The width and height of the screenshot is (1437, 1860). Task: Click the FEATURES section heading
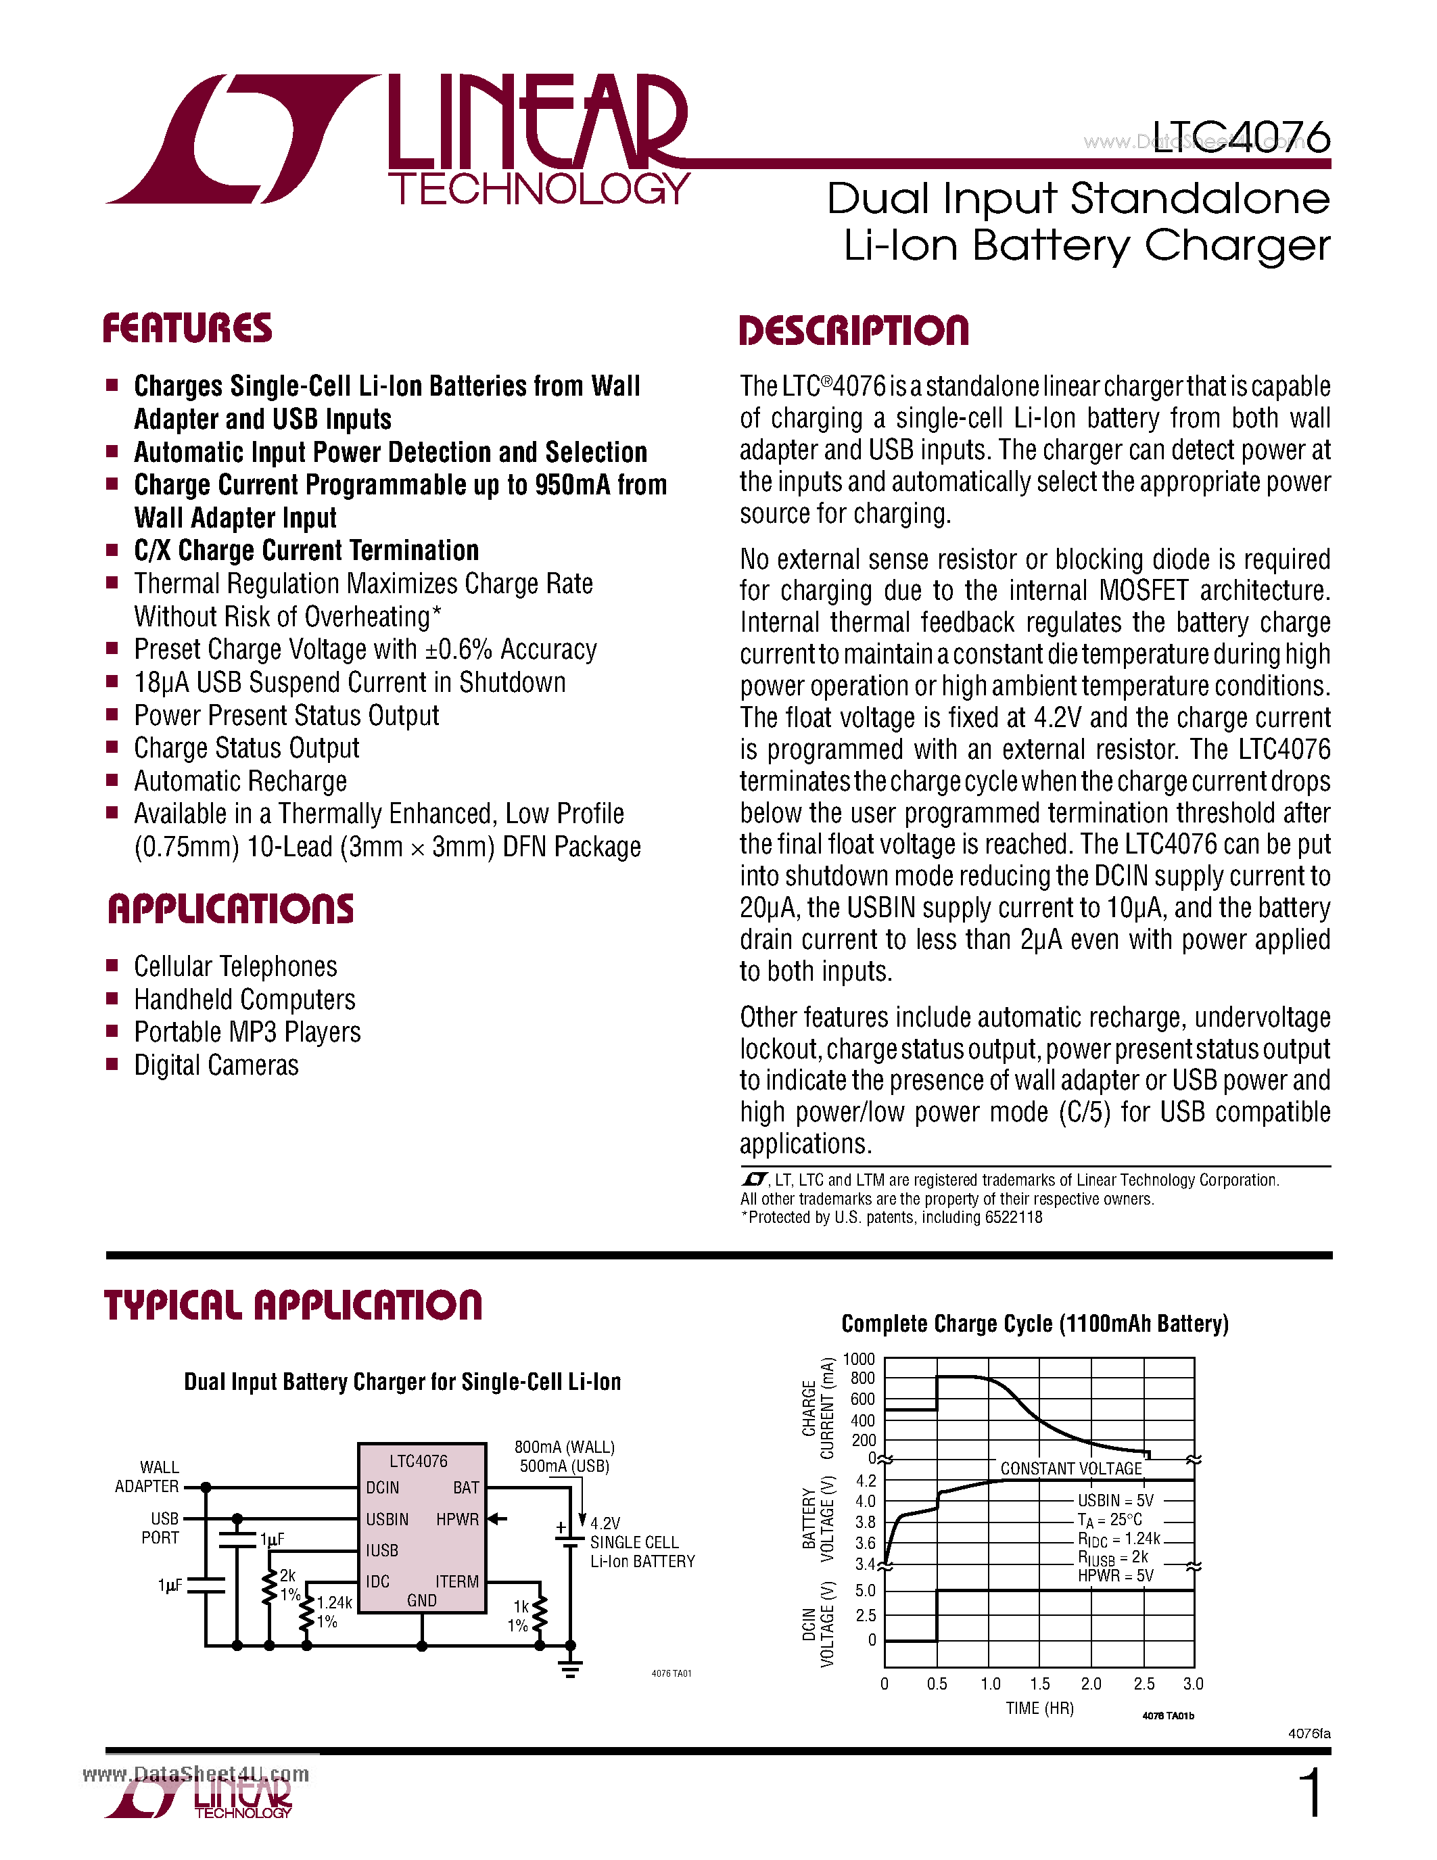tap(187, 329)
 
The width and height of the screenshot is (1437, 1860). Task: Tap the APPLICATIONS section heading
tap(230, 910)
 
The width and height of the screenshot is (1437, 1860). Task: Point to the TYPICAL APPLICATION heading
tap(293, 1305)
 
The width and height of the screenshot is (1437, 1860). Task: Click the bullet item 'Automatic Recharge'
tap(240, 781)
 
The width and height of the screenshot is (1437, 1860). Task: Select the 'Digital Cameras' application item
tap(216, 1065)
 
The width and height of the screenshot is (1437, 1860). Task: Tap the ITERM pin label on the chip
tap(457, 1581)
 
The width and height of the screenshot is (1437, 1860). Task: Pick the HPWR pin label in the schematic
tap(457, 1519)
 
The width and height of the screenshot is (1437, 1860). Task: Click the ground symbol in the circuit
tap(570, 1669)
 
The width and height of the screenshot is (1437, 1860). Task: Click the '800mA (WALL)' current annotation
tap(565, 1447)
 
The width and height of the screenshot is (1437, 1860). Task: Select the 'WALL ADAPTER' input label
tap(148, 1477)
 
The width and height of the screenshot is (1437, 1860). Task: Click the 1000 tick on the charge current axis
tap(858, 1359)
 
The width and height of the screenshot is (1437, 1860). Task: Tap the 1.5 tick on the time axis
tap(1039, 1683)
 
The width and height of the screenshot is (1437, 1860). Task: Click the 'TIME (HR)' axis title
tap(1039, 1708)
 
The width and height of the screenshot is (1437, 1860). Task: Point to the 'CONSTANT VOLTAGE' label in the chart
tap(1071, 1468)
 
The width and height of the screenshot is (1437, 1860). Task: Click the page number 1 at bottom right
tap(1311, 1793)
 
